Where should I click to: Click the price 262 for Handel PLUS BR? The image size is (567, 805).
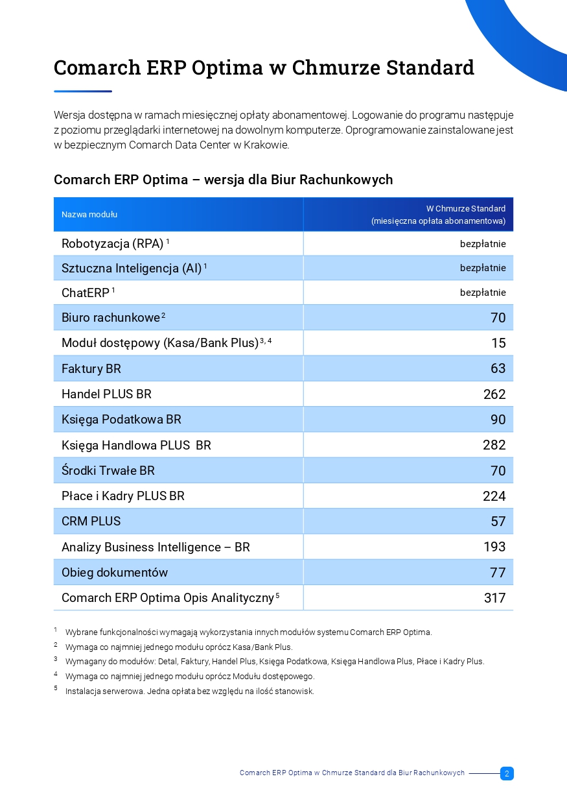point(494,394)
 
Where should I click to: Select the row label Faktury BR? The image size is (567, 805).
point(91,368)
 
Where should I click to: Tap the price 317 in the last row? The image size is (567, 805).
point(494,598)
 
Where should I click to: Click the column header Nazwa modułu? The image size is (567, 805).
point(89,215)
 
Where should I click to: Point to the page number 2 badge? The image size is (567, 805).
point(507,773)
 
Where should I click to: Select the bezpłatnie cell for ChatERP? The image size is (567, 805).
point(483,293)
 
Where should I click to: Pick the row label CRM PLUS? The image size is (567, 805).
point(91,521)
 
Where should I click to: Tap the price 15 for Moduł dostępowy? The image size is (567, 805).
point(498,343)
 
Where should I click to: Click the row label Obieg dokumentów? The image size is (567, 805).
point(115,573)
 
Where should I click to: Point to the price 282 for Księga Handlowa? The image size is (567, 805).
point(494,445)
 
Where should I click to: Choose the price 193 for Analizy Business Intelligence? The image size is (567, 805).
point(494,547)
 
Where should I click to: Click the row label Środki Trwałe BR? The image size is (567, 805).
point(108,470)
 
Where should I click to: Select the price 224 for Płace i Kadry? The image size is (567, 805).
point(494,496)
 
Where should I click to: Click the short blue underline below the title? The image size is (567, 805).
point(83,91)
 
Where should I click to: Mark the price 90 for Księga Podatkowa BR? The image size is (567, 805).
point(498,420)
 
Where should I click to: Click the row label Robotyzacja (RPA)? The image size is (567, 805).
point(112,244)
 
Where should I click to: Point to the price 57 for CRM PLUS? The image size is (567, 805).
point(498,522)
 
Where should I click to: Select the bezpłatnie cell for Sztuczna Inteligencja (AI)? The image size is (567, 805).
point(483,268)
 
